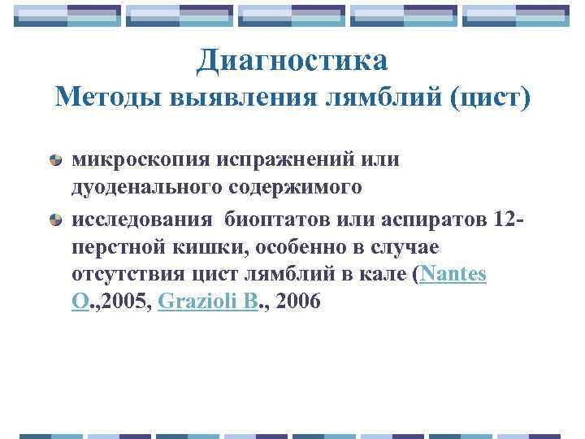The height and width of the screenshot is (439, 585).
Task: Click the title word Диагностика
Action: click(292, 59)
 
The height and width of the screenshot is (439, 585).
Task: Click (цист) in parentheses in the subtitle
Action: click(487, 98)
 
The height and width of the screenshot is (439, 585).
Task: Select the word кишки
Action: click(213, 246)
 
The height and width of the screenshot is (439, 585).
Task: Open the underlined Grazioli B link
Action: click(208, 302)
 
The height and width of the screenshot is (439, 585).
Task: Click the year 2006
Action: click(298, 302)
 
